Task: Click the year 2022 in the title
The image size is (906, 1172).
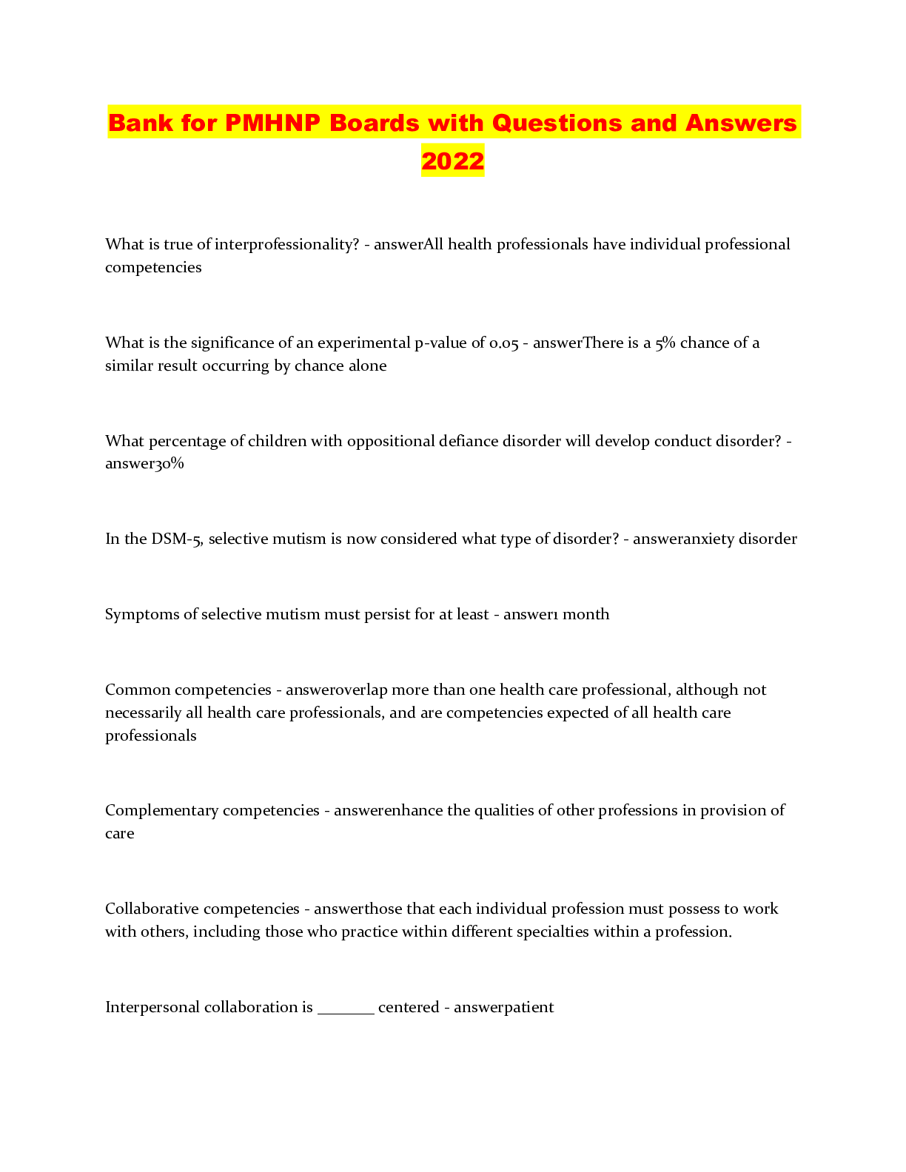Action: point(452,161)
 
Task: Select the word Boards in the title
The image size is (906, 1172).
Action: point(374,123)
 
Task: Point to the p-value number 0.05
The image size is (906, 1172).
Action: point(503,343)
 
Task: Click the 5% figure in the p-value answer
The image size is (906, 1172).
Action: point(665,343)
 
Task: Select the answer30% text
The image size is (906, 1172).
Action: point(144,464)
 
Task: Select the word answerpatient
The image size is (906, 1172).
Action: point(503,1008)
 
